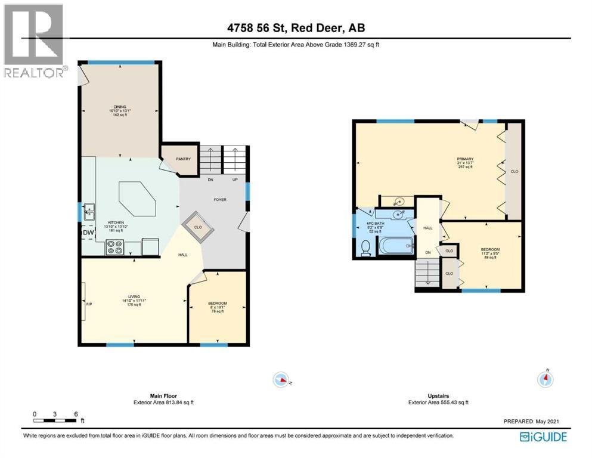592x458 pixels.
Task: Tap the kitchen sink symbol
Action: [90, 209]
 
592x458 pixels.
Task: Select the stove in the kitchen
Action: [114, 247]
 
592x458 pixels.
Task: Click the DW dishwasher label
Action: [88, 233]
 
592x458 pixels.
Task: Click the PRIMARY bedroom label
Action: [466, 159]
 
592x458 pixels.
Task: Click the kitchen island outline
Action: [138, 200]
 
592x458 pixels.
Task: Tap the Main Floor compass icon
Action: [280, 379]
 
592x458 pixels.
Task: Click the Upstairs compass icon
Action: [545, 379]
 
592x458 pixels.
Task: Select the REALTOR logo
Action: [34, 42]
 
